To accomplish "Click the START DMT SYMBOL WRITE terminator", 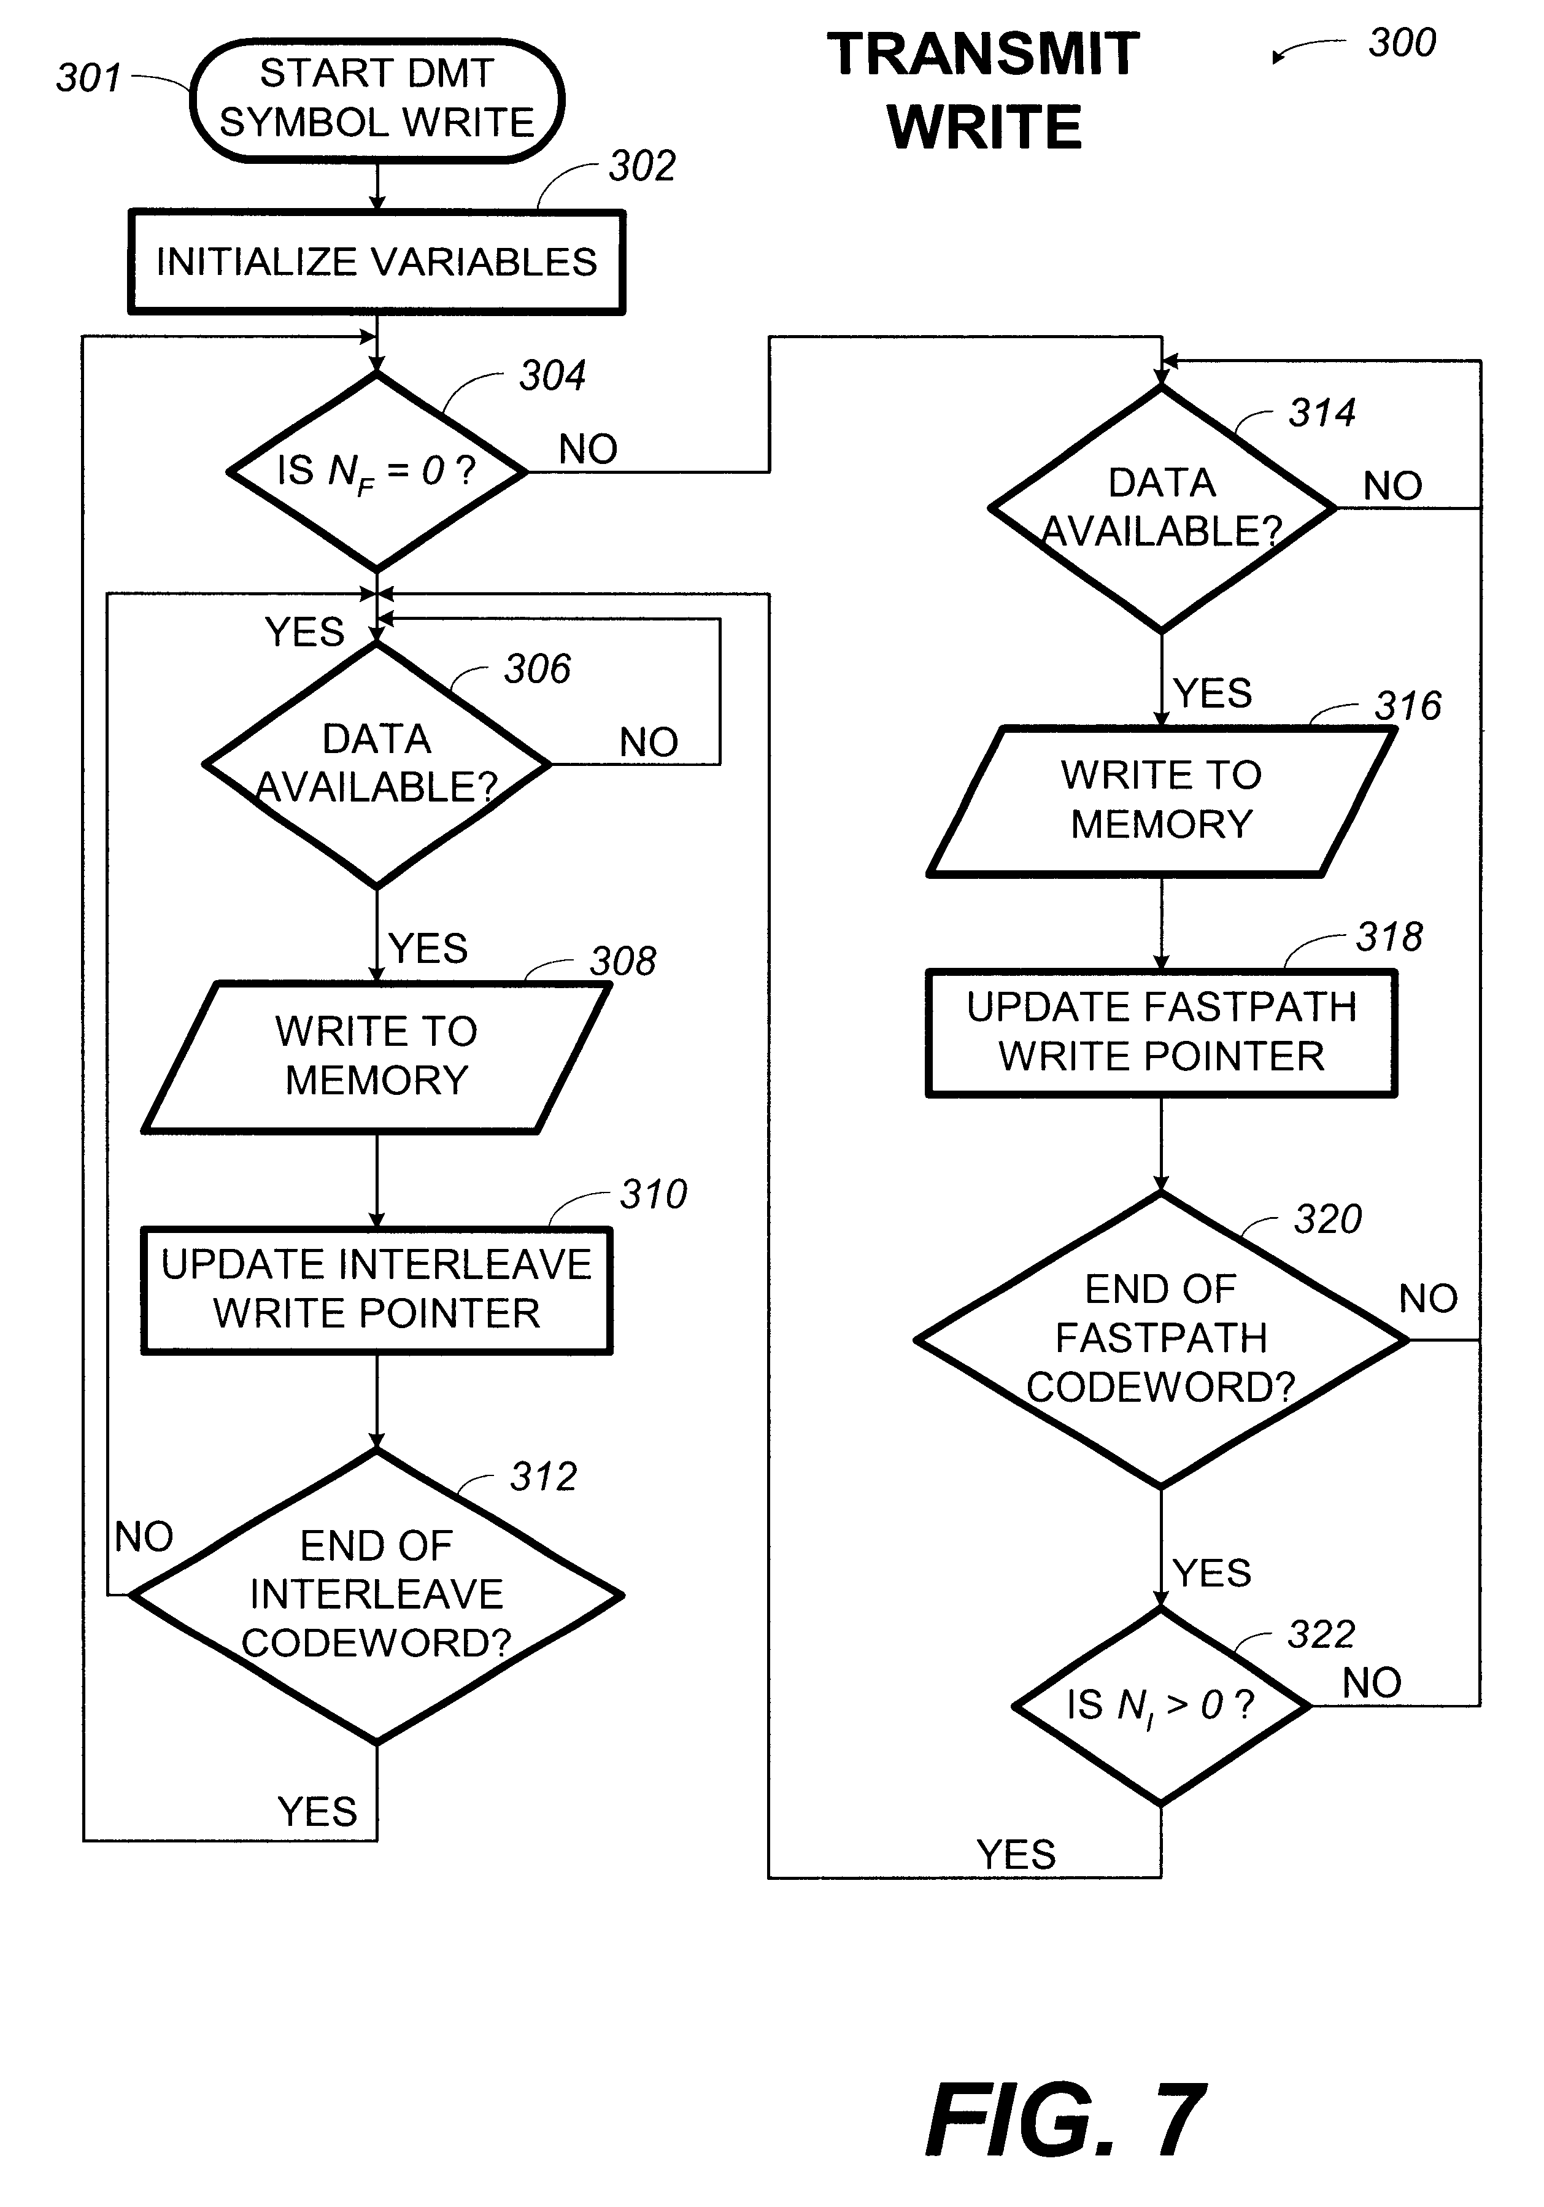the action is pyautogui.click(x=377, y=100).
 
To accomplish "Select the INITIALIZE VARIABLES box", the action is pyautogui.click(x=377, y=261).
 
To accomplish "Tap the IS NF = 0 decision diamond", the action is pyautogui.click(x=377, y=471).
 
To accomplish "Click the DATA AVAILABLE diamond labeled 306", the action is pyautogui.click(x=377, y=764).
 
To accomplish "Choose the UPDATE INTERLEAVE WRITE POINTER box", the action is pyautogui.click(x=377, y=1290).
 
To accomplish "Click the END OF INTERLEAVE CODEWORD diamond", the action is pyautogui.click(x=377, y=1596).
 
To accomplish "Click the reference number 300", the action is pyautogui.click(x=1402, y=43).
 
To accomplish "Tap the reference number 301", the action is pyautogui.click(x=88, y=78).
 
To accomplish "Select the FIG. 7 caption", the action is pyautogui.click(x=1065, y=2119).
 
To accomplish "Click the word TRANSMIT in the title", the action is pyautogui.click(x=984, y=54).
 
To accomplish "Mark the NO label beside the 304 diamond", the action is pyautogui.click(x=589, y=449).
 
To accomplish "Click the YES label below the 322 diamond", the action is pyautogui.click(x=1016, y=1854).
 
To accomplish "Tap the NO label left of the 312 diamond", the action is pyautogui.click(x=144, y=1537).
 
